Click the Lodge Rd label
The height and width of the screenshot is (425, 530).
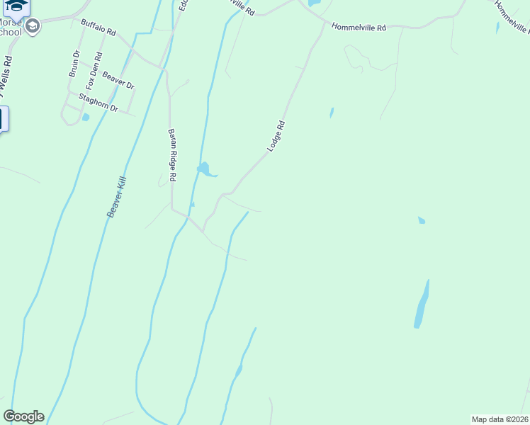point(276,135)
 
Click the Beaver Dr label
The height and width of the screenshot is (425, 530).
point(118,79)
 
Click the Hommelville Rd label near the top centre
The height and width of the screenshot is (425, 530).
point(360,28)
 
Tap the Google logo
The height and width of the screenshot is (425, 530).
point(23,416)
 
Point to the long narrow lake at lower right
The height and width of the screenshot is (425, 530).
point(422,305)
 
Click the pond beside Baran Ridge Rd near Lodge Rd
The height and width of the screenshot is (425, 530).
point(205,170)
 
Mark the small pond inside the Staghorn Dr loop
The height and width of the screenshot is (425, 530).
point(86,118)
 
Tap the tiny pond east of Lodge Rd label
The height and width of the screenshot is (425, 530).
point(331,112)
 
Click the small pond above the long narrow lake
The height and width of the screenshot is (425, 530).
point(422,220)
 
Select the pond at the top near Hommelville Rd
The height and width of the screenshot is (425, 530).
point(313,4)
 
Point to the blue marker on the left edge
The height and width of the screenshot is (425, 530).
point(3,118)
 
